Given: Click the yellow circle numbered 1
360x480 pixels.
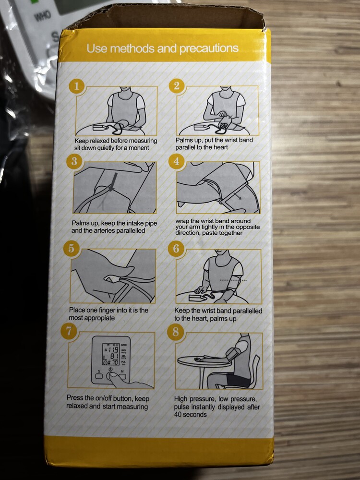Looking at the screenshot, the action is (x=76, y=86).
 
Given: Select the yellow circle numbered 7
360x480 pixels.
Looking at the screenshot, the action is (x=69, y=332).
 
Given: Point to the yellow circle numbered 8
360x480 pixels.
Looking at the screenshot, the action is (x=176, y=332).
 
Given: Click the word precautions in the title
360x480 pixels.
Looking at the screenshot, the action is (x=209, y=48).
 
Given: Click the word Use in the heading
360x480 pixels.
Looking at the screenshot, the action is (x=96, y=48).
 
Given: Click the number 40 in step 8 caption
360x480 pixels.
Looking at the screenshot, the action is (x=178, y=415).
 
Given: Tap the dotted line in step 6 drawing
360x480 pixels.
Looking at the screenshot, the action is (x=233, y=280).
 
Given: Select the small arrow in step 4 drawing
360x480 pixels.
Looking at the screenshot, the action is (x=237, y=196).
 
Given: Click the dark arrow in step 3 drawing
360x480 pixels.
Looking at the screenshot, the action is (x=114, y=181).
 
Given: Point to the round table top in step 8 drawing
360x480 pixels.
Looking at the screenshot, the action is (x=205, y=361).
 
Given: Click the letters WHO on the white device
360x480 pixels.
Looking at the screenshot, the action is (x=43, y=16).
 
